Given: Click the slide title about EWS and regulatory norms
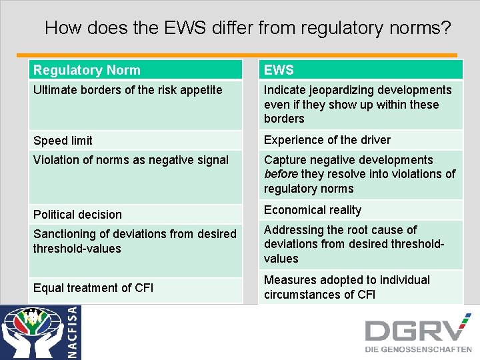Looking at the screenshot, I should (x=247, y=28).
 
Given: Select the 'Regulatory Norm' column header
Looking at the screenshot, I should (x=87, y=70).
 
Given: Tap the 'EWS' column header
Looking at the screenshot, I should (x=279, y=70).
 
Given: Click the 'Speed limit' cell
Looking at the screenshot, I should (x=63, y=141).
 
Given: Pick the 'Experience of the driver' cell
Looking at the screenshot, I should (x=327, y=140).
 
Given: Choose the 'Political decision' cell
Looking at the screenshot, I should (x=78, y=215).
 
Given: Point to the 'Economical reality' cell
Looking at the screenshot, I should (x=313, y=210).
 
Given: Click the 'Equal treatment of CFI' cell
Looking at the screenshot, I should (x=93, y=288).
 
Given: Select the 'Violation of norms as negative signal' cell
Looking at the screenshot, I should (x=131, y=160).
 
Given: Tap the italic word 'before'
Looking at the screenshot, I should (x=280, y=174).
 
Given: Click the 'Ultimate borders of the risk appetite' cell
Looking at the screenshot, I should (x=128, y=90).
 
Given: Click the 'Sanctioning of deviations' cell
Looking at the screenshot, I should (x=135, y=241).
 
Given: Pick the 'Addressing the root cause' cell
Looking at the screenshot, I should (x=353, y=244).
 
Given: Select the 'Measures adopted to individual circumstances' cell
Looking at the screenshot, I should (x=347, y=287).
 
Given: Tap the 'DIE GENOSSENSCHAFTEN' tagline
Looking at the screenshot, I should (x=417, y=349).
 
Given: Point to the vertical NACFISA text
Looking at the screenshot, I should (x=73, y=332).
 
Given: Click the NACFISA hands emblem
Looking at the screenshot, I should (x=33, y=331).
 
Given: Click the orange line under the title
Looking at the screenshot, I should (x=237, y=55).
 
